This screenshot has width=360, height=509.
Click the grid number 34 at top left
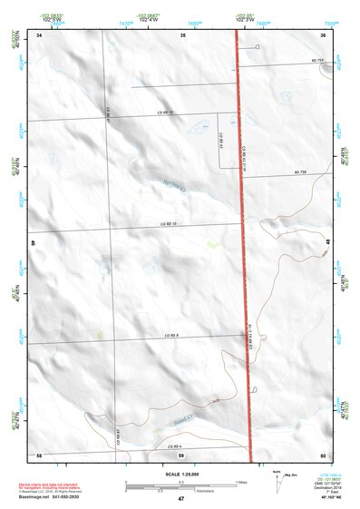39,34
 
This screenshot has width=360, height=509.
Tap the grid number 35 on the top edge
181,34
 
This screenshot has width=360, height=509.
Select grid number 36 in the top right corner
323,34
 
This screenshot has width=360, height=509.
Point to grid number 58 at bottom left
39,454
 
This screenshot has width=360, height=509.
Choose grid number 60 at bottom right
323,454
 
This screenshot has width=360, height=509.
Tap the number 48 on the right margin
327,243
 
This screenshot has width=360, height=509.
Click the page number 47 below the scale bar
181,499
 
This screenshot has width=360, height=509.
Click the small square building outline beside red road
257,46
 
